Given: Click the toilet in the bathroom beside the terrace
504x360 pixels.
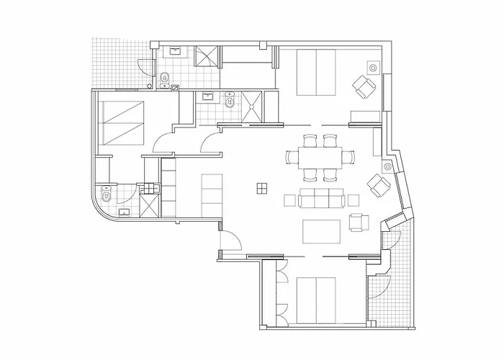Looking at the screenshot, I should pos(166,77).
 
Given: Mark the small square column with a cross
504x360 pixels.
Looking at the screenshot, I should pos(261,188).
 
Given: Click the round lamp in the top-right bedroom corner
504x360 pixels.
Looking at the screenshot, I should pos(374,67).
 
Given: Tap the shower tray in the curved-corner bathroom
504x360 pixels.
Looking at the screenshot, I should pos(149,204).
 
